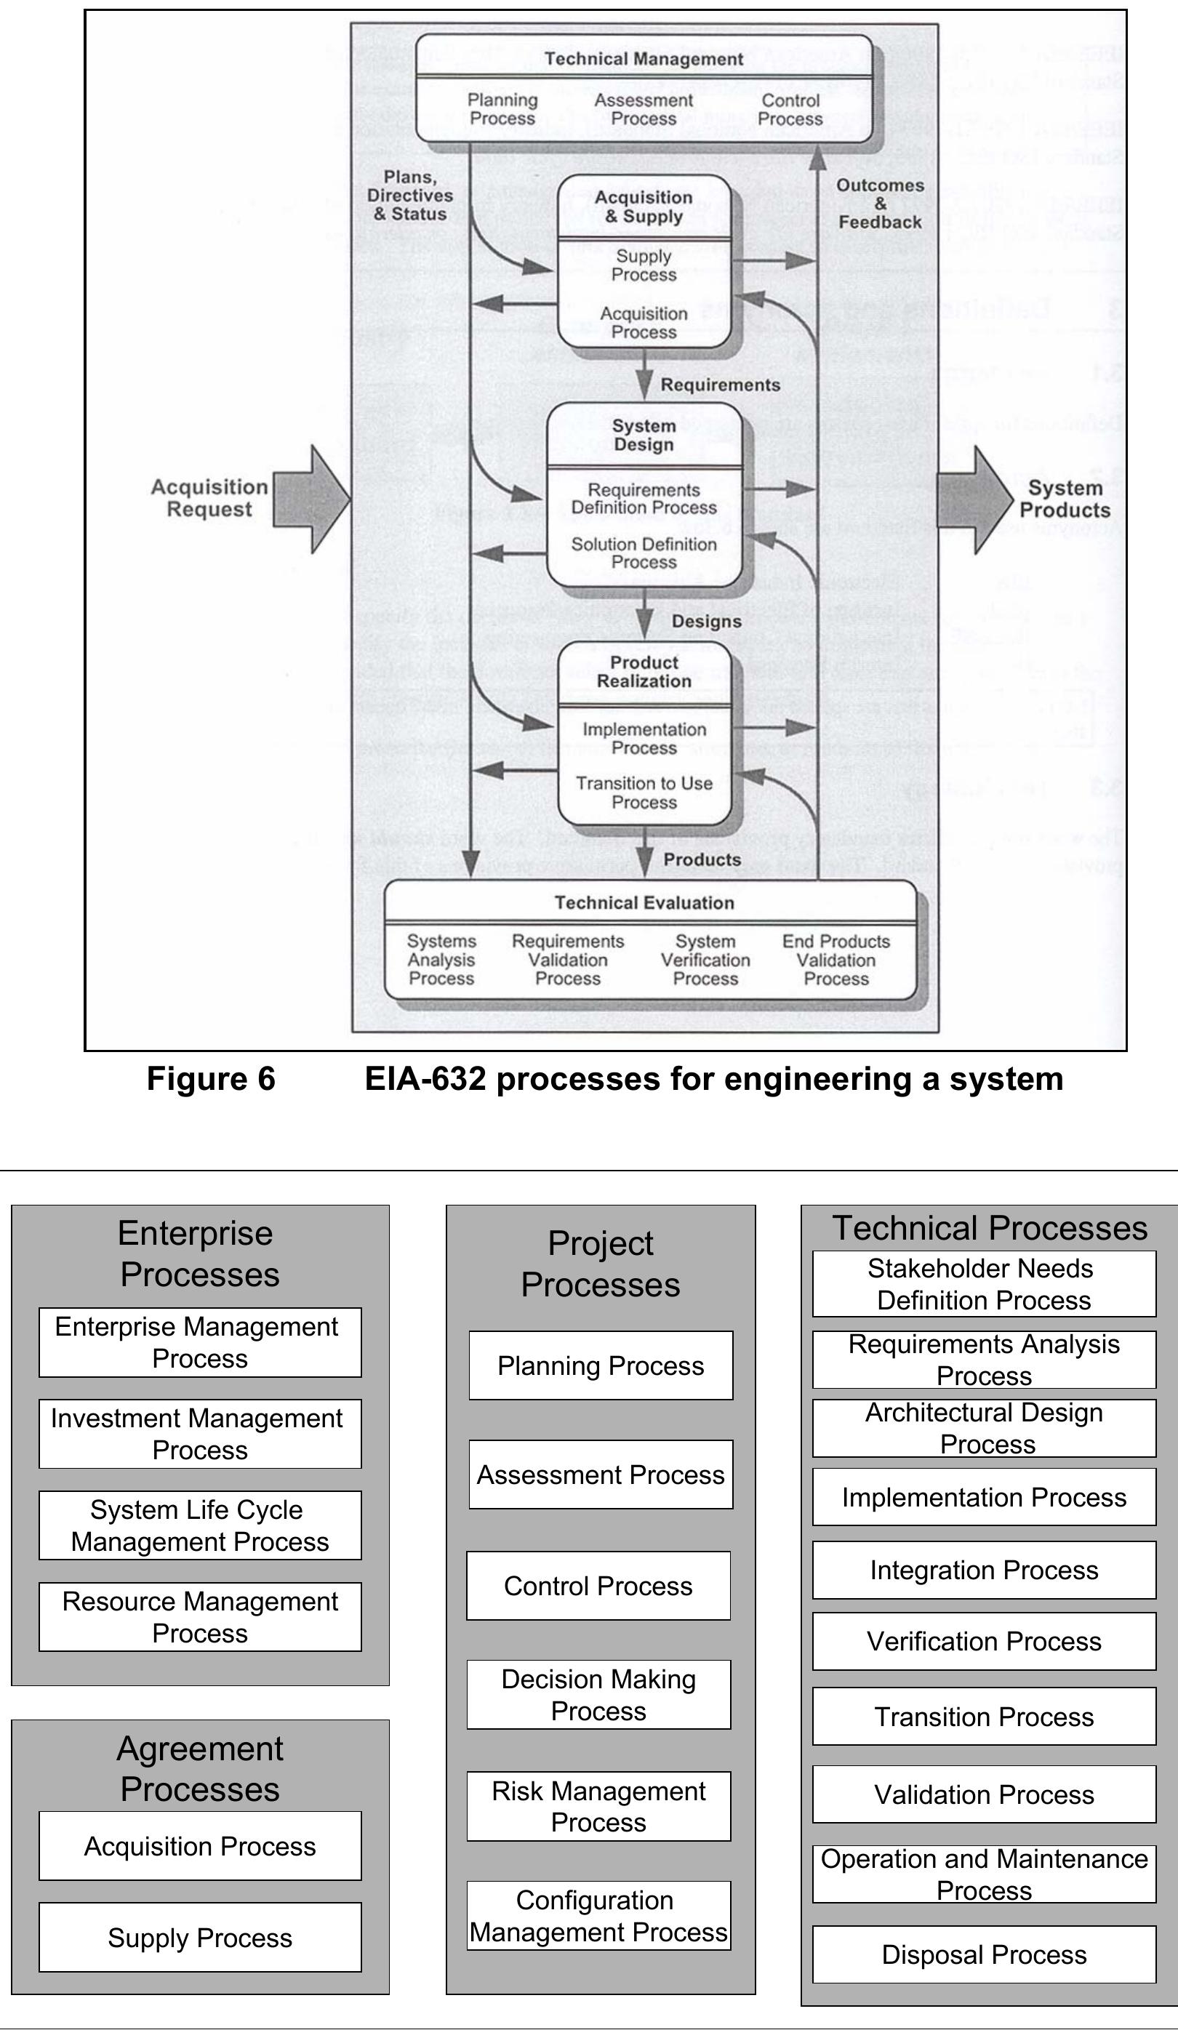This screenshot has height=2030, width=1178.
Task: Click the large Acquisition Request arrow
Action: (311, 500)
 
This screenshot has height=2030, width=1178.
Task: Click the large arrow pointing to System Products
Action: (977, 500)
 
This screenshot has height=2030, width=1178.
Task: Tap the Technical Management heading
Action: (644, 59)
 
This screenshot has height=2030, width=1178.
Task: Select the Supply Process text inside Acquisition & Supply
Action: (644, 265)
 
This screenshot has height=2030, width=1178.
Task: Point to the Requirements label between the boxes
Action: (721, 385)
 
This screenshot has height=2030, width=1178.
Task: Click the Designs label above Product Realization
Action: (707, 621)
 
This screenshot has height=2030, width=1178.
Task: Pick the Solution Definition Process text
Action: (644, 553)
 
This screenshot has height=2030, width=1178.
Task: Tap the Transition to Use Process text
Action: (644, 793)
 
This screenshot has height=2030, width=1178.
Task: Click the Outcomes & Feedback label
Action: (880, 204)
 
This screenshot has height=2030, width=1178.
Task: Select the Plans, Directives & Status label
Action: (410, 196)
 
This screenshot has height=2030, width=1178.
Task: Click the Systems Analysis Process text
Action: (441, 960)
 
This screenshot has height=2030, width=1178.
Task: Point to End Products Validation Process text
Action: (836, 960)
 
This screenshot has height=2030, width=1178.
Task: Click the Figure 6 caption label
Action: (211, 1079)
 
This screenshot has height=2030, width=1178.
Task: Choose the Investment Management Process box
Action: (200, 1434)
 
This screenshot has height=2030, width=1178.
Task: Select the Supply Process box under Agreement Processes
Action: (200, 1938)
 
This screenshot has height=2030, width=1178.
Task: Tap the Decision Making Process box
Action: (598, 1694)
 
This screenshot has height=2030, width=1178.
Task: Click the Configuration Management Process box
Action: (598, 1916)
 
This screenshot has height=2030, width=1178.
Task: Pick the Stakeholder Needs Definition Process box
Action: (984, 1284)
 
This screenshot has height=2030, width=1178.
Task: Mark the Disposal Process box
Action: (984, 1954)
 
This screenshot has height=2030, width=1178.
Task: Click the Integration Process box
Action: (984, 1570)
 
